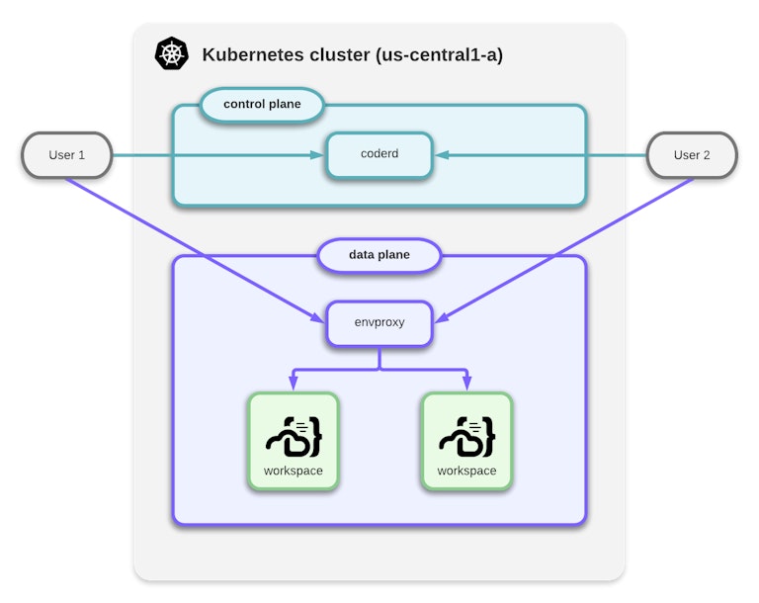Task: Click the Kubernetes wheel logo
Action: click(171, 53)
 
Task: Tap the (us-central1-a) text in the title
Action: click(439, 54)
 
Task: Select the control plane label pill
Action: click(262, 104)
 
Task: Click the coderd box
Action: click(379, 155)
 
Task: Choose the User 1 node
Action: click(67, 155)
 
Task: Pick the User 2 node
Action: click(692, 155)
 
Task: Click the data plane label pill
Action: click(379, 255)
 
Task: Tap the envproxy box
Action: click(379, 322)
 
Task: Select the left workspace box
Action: click(293, 441)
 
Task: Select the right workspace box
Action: click(466, 441)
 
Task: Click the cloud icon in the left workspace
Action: click(293, 435)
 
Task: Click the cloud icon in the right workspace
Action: click(466, 435)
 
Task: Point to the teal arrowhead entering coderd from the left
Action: click(318, 155)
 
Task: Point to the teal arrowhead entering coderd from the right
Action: click(441, 155)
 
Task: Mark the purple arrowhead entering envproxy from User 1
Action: click(317, 318)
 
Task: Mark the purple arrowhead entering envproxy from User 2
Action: click(441, 318)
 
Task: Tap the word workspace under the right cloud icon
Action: click(466, 471)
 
